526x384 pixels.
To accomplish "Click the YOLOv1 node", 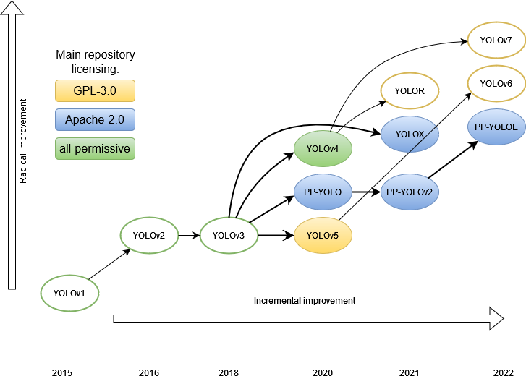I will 69,293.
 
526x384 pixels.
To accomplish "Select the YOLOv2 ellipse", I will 149,235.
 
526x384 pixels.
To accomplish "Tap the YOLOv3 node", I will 229,235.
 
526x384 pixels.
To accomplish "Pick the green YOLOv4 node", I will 323,149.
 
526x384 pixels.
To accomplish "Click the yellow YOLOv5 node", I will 323,235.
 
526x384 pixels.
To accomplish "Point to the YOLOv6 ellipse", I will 496,84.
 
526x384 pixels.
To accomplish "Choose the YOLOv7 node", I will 496,40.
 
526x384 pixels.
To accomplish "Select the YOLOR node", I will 410,91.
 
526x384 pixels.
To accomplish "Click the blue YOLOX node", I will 410,135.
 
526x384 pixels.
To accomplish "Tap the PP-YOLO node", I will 323,192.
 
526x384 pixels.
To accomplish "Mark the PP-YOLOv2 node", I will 410,192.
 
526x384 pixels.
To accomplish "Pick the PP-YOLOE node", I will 496,127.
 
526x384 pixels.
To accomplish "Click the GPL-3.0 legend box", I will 95,90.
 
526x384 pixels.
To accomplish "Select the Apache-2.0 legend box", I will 95,119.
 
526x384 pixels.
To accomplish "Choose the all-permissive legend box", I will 95,149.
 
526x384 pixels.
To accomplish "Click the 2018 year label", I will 229,373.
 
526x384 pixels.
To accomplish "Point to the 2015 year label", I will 62,373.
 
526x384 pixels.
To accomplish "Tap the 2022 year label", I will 504,373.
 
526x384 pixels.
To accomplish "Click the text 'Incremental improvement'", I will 305,300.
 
